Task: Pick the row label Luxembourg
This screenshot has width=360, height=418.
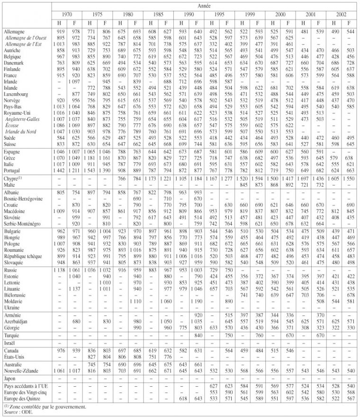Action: tap(16, 94)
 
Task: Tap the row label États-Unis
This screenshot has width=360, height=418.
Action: tap(14, 356)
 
